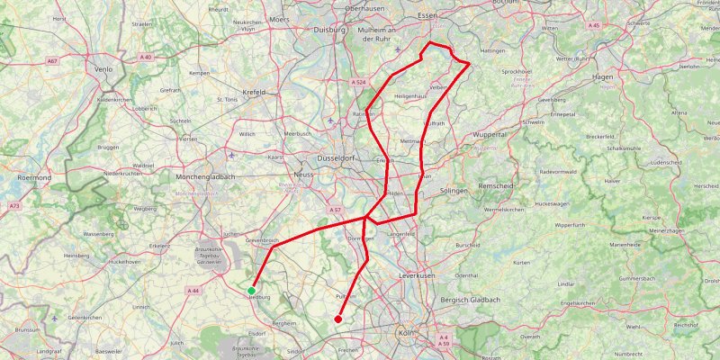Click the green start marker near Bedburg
click(251, 290)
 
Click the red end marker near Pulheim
click(337, 319)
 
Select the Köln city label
click(405, 333)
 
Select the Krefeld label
click(254, 92)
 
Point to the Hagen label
click(602, 77)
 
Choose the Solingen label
click(454, 192)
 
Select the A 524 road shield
click(358, 82)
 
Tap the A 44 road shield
click(193, 291)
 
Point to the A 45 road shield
click(592, 25)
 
